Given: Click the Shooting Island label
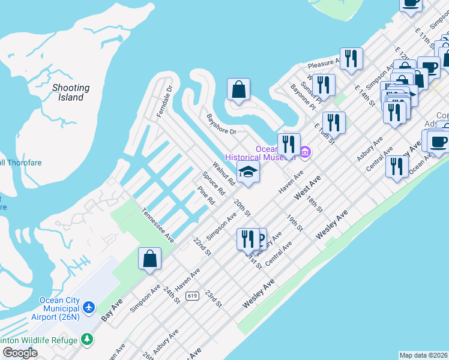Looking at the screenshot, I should point(71,92).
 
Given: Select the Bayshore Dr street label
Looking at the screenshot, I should point(221,124).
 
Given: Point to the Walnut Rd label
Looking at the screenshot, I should point(223,173).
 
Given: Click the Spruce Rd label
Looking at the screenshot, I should point(213,184).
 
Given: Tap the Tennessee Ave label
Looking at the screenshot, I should point(158,225).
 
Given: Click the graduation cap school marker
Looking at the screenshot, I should point(248,172).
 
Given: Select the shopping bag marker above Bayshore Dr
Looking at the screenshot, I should point(238,90).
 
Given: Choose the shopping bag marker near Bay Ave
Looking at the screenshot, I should point(150,259).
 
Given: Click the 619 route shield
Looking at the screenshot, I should point(192,296).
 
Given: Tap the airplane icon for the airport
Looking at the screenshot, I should point(89,307).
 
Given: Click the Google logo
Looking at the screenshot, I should point(20,353).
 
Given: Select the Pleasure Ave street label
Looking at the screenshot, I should point(324,62).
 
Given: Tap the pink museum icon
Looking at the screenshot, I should point(304,151).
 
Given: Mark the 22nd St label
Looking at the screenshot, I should point(202,246).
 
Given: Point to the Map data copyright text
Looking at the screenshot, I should point(423,355).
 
